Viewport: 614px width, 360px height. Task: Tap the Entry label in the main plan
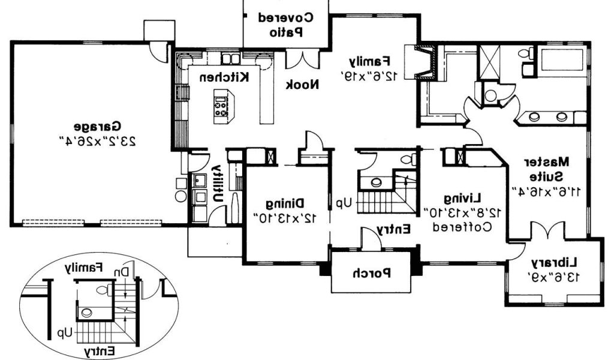point(394,229)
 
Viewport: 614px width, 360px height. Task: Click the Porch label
point(372,274)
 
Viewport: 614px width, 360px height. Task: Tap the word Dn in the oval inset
point(122,271)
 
